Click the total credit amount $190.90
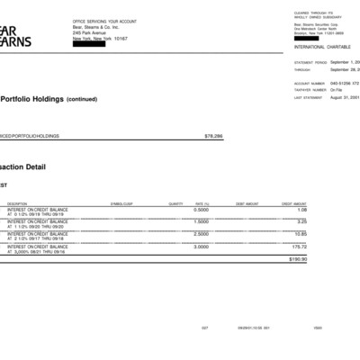pos(297,259)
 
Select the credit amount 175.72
pos(299,246)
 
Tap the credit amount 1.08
pos(301,210)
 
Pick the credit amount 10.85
pos(301,233)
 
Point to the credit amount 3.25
pos(301,221)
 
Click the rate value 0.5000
pos(201,210)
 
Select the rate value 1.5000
pos(201,221)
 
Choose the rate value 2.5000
pos(201,233)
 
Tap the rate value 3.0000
pos(201,246)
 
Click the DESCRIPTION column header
pos(17,204)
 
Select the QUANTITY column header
pos(175,204)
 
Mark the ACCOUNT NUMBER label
pos(307,83)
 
